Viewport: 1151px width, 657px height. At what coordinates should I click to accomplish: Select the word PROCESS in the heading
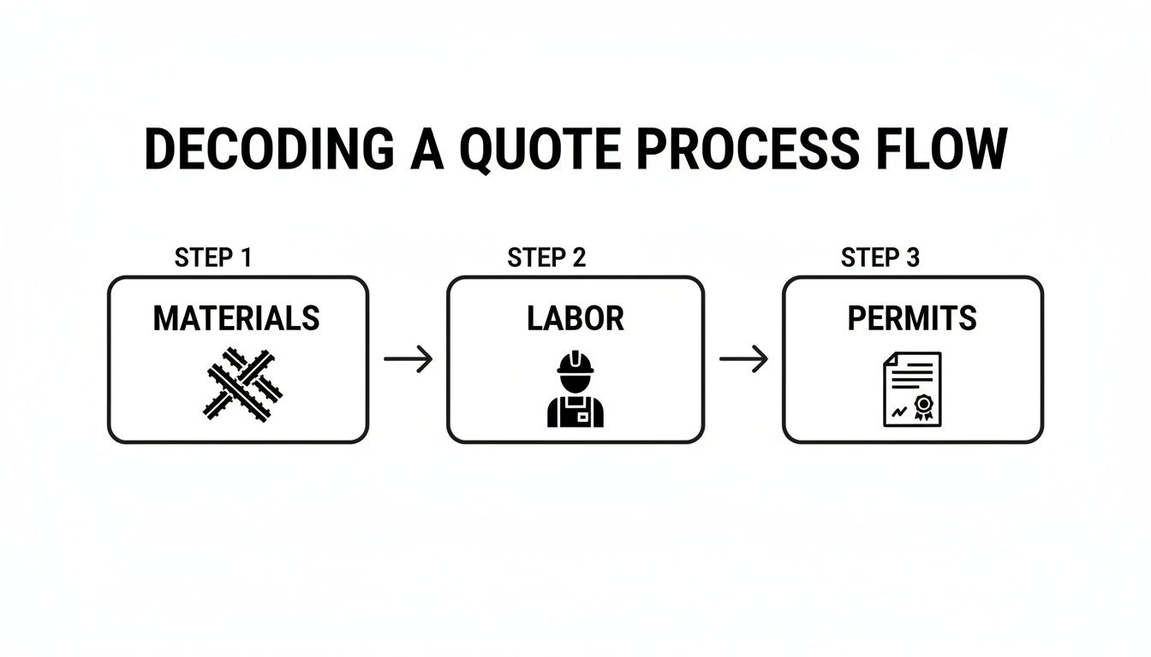click(x=748, y=150)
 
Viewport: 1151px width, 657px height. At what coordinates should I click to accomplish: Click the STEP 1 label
click(x=212, y=257)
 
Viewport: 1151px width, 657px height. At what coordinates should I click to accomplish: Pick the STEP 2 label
click(x=546, y=257)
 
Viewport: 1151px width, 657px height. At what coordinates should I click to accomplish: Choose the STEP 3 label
click(x=880, y=257)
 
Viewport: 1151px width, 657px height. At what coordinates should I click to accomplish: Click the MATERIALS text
click(x=236, y=319)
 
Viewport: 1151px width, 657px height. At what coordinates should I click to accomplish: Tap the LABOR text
click(x=575, y=319)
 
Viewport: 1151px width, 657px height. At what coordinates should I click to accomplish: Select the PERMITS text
click(x=912, y=319)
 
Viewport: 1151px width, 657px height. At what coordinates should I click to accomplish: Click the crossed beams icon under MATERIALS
click(x=243, y=383)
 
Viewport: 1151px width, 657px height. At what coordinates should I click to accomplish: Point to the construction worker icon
click(x=575, y=388)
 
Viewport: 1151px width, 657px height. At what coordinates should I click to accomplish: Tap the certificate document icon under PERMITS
click(x=912, y=388)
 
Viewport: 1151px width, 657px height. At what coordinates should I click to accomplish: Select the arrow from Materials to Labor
click(x=409, y=359)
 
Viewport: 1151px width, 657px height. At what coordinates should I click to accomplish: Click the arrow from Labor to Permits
click(x=743, y=359)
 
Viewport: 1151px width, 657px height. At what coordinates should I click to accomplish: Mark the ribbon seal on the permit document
click(x=923, y=405)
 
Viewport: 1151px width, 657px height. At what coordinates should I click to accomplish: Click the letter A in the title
click(x=426, y=150)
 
